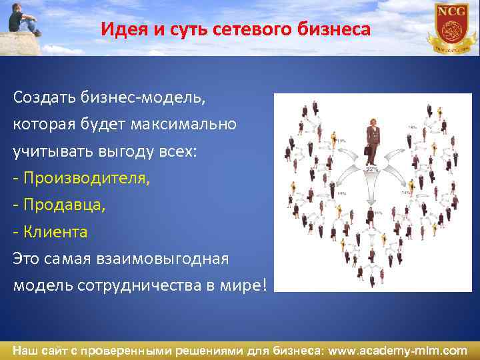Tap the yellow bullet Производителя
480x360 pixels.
tap(87, 178)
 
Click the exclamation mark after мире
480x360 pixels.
tap(265, 285)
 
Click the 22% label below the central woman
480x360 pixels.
tap(371, 169)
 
